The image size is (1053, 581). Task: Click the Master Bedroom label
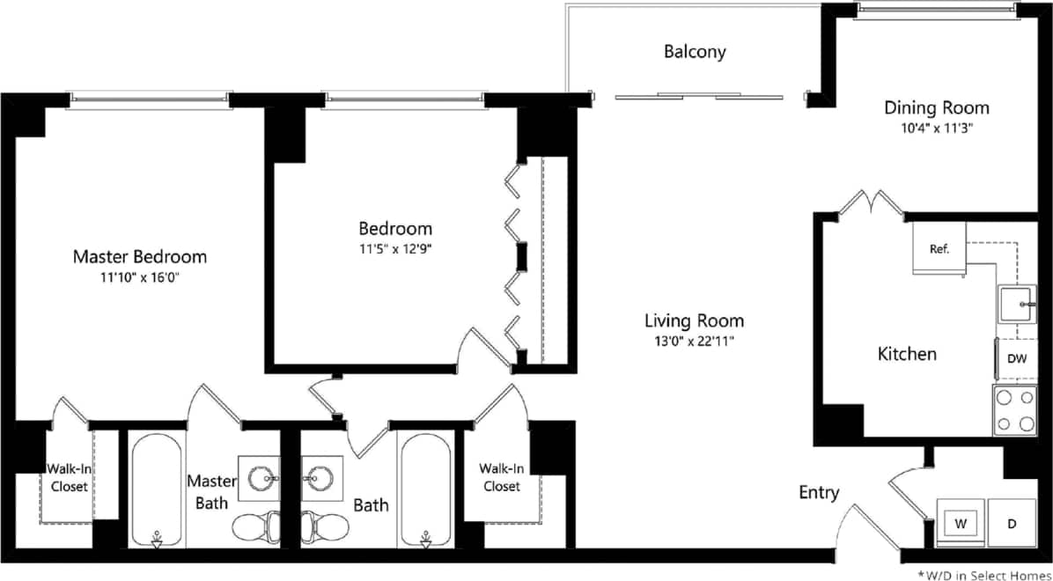click(x=139, y=257)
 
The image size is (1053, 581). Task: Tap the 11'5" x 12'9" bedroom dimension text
click(x=394, y=248)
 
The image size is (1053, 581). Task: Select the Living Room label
click(x=694, y=320)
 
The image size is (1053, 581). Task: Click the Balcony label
click(x=695, y=52)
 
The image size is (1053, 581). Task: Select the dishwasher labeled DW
click(x=1017, y=358)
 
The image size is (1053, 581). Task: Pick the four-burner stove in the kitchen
click(x=1015, y=410)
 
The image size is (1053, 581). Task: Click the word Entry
click(x=819, y=493)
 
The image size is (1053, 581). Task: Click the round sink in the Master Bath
click(x=261, y=480)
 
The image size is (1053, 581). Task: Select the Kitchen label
click(x=907, y=354)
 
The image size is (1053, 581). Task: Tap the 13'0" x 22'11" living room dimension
click(x=694, y=340)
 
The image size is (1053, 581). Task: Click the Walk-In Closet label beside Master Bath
click(x=69, y=477)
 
